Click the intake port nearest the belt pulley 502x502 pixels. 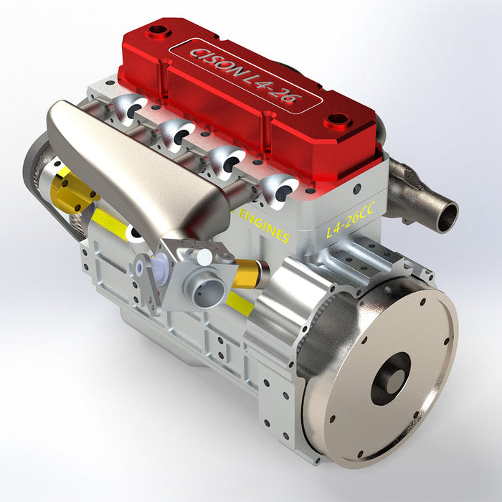[131, 110]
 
